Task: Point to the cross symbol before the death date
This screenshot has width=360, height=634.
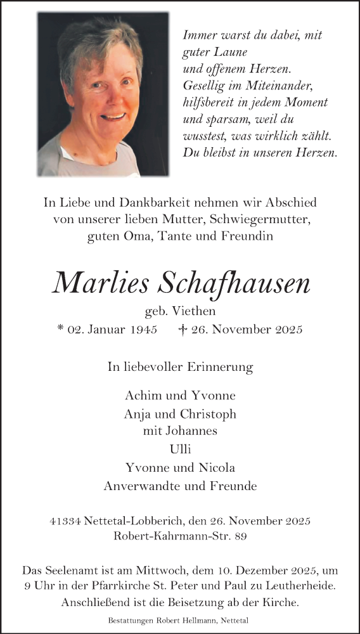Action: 184,330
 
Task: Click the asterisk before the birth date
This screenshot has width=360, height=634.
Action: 60,329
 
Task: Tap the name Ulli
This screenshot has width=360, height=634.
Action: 180,450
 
